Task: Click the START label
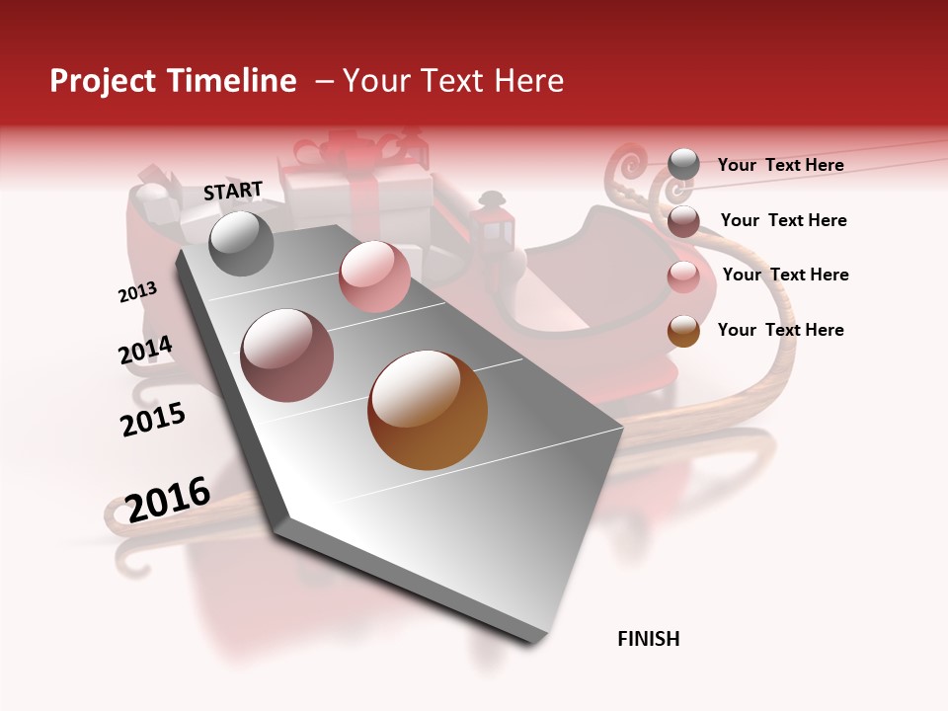point(233,191)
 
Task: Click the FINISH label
point(649,639)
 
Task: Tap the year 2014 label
point(145,350)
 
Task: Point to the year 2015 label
point(153,419)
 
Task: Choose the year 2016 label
point(168,499)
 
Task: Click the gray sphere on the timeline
point(241,243)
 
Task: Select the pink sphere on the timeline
point(374,276)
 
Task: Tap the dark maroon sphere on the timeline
point(286,355)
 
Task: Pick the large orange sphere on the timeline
point(428,410)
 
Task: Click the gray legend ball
point(683,165)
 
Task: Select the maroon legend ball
point(683,221)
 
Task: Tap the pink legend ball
point(683,276)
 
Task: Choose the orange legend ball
point(683,331)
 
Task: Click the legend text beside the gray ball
point(780,165)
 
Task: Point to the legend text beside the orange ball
point(780,330)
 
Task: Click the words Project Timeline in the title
point(173,81)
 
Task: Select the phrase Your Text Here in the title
point(452,81)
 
